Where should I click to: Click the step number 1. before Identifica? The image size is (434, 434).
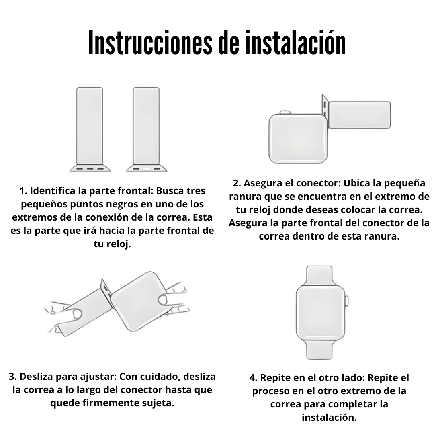[23, 191]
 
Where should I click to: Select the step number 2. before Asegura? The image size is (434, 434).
[237, 183]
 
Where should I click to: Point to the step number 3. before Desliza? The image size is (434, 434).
[13, 377]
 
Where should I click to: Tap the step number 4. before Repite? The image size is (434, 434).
[254, 377]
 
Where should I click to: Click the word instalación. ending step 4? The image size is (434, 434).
[330, 418]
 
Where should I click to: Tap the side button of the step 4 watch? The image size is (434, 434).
[346, 301]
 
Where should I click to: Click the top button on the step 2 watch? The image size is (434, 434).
[285, 113]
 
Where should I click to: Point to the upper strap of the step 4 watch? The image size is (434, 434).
[319, 276]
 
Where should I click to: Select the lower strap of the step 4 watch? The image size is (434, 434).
[319, 350]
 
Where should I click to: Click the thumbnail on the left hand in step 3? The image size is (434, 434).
[77, 313]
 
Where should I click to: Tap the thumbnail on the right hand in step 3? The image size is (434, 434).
[162, 299]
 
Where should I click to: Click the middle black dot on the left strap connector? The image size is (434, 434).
[90, 168]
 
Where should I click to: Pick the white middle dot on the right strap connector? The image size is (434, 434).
[146, 168]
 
